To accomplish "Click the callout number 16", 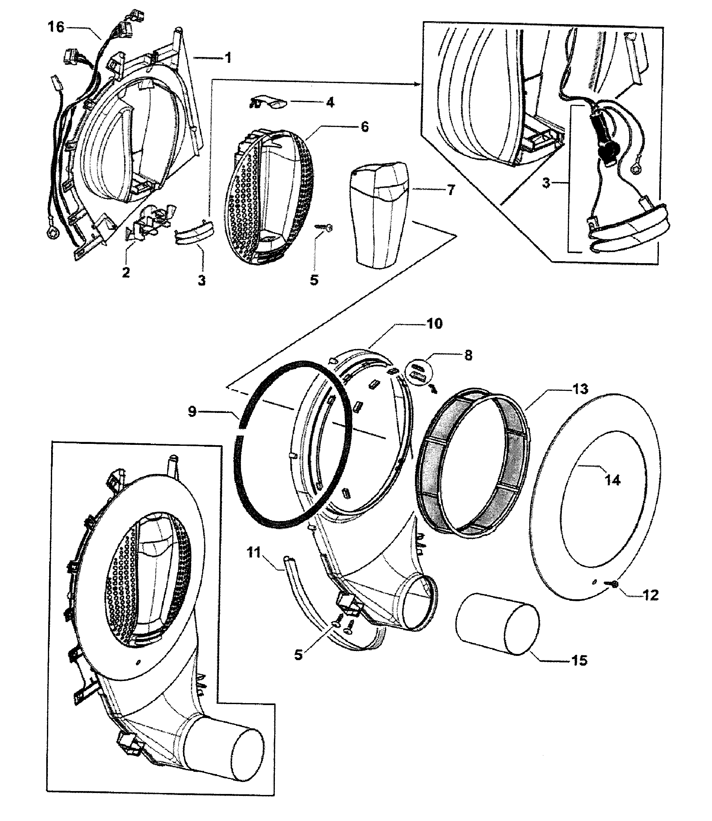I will (56, 27).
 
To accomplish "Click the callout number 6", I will (364, 127).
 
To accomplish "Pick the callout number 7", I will (450, 190).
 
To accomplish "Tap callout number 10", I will (434, 324).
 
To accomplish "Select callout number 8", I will (468, 356).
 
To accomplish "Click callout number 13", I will (580, 389).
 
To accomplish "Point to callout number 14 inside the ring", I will (612, 481).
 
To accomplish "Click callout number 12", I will (650, 595).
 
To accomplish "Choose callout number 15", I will (579, 660).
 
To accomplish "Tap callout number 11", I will (253, 553).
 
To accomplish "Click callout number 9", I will (192, 412).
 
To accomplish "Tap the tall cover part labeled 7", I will (379, 215).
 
